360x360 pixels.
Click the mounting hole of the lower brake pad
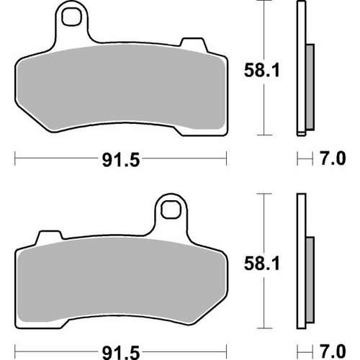click(x=171, y=210)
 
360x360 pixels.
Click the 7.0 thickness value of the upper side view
click(x=329, y=158)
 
